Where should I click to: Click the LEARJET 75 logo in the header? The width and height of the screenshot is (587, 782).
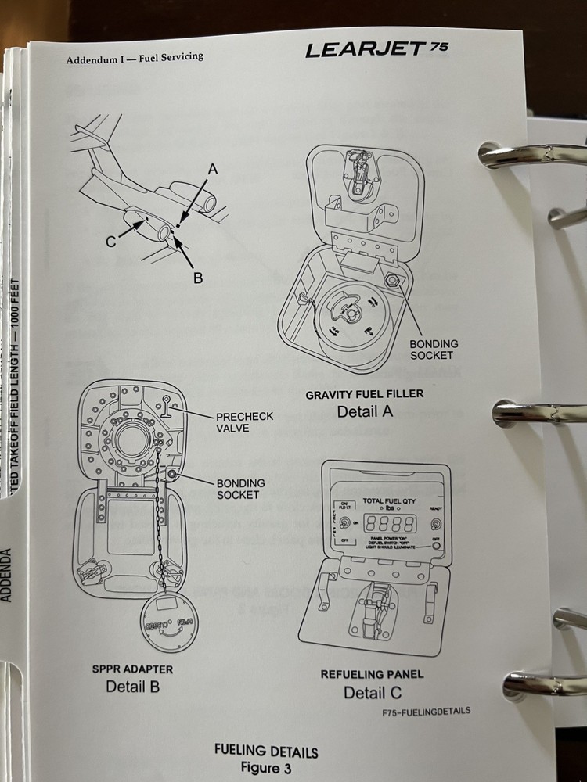click(x=376, y=49)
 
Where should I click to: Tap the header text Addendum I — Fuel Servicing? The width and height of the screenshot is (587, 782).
click(x=135, y=58)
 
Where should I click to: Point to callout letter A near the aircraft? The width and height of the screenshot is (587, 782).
click(x=212, y=168)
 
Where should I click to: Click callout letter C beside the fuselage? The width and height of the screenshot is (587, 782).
click(x=111, y=242)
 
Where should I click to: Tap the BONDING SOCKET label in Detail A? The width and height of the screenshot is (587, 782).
click(x=434, y=350)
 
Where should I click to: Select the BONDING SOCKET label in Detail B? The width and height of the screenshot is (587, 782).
click(x=240, y=489)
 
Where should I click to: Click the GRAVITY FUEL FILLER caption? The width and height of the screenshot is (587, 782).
click(x=364, y=394)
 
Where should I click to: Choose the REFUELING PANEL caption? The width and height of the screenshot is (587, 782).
click(x=373, y=674)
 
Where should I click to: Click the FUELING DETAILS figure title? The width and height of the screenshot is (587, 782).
click(x=266, y=752)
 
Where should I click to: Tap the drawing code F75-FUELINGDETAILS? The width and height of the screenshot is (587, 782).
click(x=427, y=711)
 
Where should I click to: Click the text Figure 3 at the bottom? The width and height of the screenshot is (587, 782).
click(x=265, y=768)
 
